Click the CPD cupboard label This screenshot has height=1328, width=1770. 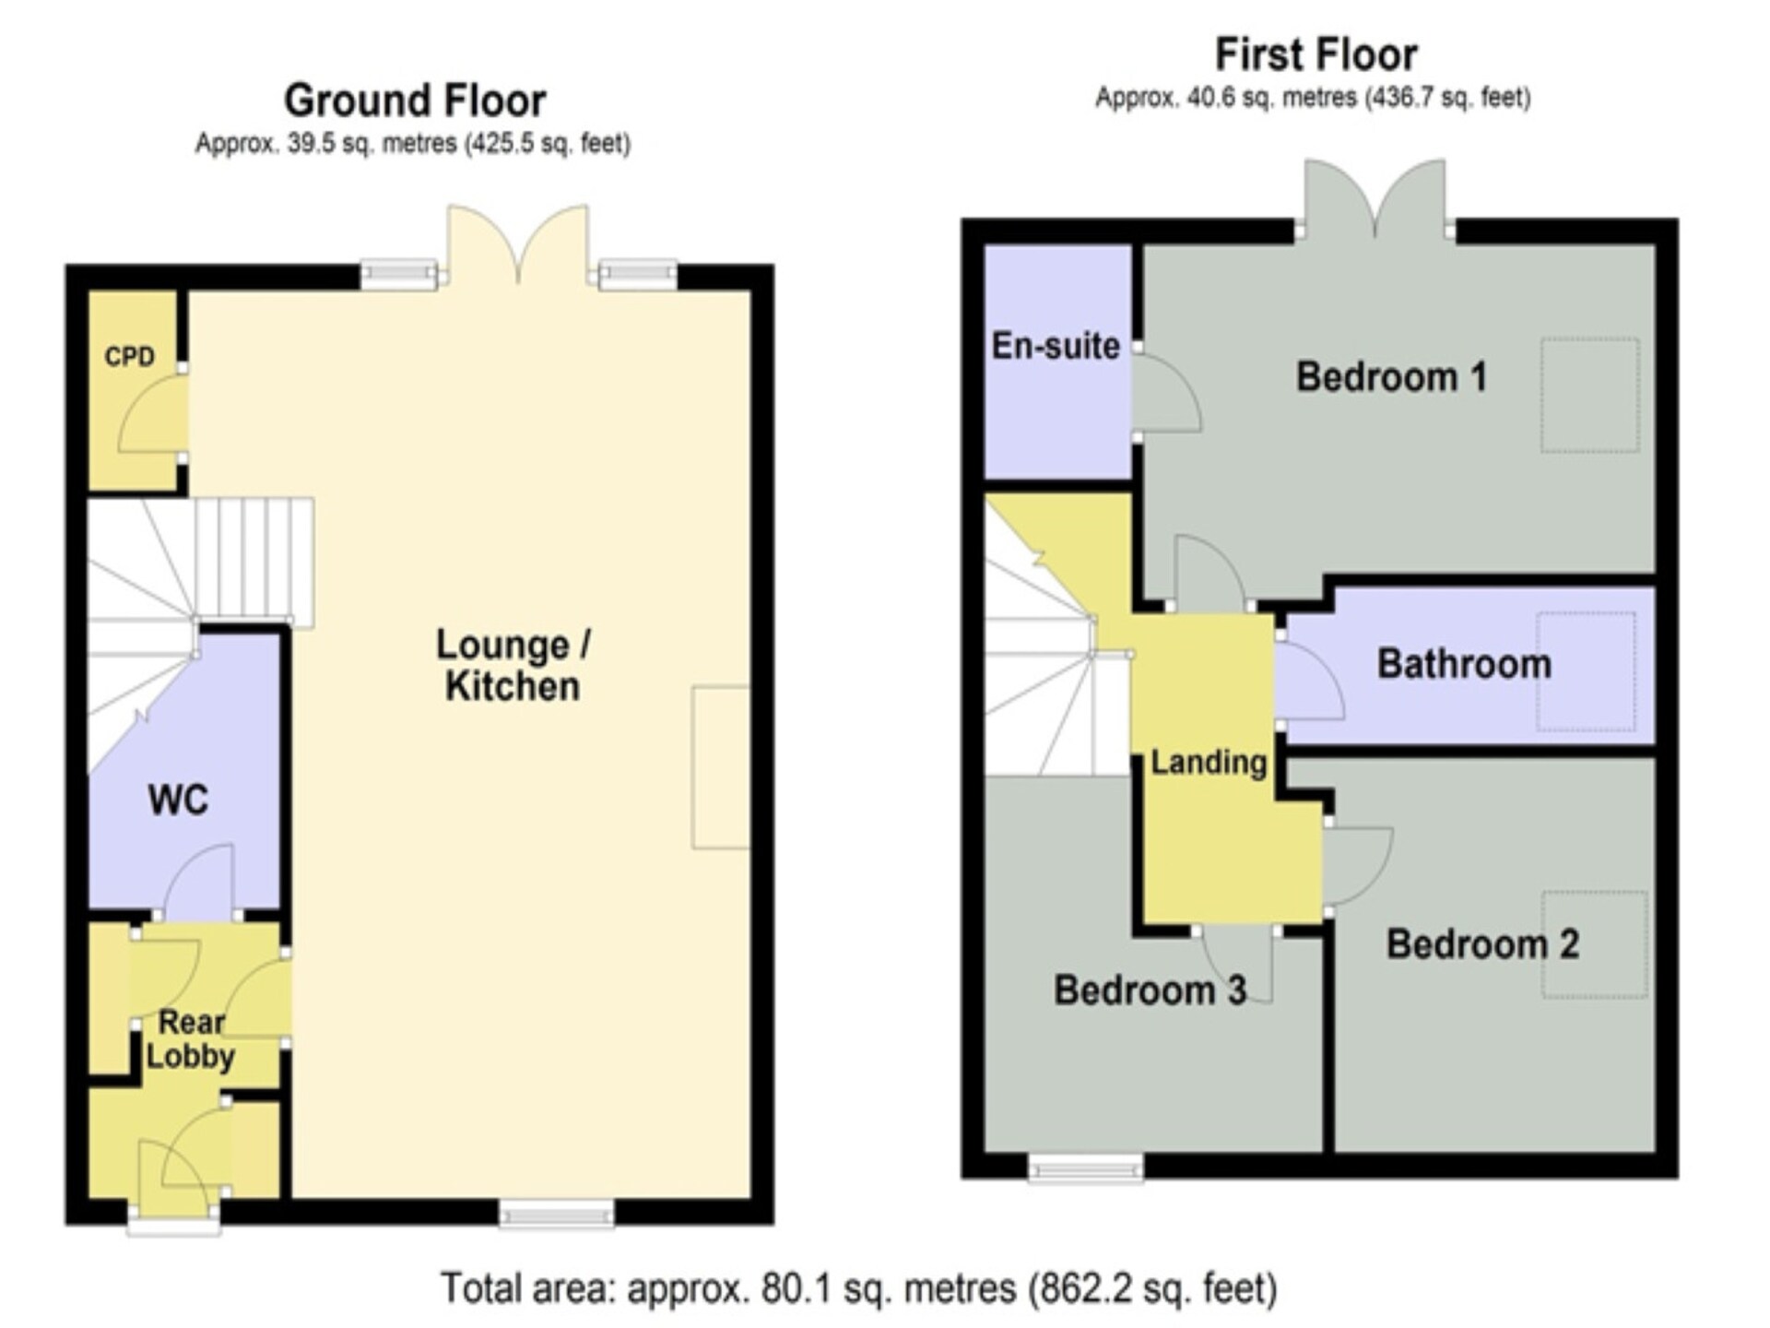point(129,356)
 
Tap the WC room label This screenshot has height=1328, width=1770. point(178,800)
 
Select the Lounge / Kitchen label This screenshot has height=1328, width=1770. point(513,665)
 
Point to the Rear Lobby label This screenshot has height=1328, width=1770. point(191,1038)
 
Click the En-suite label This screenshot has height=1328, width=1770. point(1056,346)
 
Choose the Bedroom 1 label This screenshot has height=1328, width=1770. point(1391,376)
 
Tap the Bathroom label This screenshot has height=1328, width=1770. point(1464,664)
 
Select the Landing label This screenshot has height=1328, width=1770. point(1209,763)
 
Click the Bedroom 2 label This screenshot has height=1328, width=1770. point(1482,943)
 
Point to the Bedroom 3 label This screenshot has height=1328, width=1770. point(1150,990)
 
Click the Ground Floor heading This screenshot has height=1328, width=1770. point(415,100)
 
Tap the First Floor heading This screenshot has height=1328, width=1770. point(1316,53)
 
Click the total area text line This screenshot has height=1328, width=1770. point(859,1288)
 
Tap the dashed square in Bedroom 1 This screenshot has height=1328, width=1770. point(1589,396)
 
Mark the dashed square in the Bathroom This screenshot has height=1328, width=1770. point(1586,671)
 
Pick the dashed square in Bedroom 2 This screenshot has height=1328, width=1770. point(1594,943)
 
